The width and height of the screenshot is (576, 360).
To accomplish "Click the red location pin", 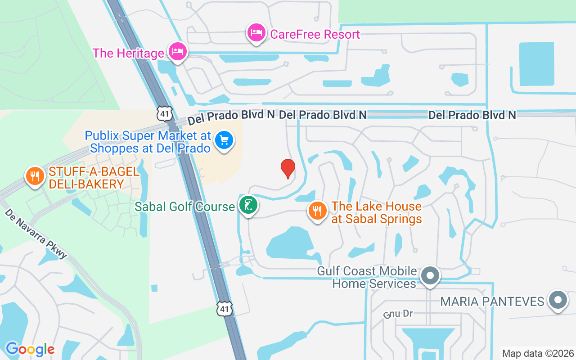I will pos(288,168).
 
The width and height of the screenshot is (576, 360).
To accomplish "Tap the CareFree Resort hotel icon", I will pos(256,33).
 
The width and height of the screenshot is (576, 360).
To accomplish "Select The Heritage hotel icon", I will pos(178,51).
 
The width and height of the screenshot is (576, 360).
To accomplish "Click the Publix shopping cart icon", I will pos(224,141).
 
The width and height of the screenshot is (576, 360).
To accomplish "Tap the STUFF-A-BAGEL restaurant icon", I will pos(35,175).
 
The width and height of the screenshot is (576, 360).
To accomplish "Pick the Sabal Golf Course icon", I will pos(248,205).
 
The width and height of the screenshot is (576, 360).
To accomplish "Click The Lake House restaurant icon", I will pos(318,211).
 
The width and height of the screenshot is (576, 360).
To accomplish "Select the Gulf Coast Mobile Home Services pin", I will pos(430,274).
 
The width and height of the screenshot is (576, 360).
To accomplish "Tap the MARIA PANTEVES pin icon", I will pos(558,299).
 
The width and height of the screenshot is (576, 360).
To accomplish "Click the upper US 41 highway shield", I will pos(165,114).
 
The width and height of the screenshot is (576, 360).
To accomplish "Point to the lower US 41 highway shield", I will pos(225,308).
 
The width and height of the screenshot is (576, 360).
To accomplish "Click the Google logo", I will pos(30,349).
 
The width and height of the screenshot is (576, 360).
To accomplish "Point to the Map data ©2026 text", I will pos(538,353).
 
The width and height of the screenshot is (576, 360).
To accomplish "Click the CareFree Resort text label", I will pos(315,35).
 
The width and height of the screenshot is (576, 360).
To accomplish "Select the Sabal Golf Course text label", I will pos(184,207).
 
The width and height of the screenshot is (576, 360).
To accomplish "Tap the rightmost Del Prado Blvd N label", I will pos(472,115).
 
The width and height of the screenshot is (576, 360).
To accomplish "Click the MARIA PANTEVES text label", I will pos(492,301).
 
